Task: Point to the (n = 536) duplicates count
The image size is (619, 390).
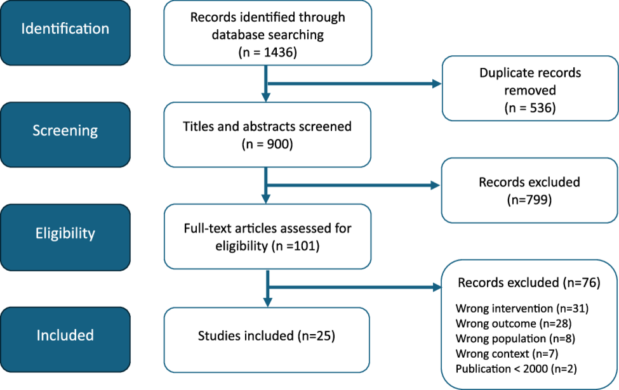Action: [x=530, y=107]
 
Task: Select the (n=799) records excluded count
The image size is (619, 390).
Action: [x=530, y=200]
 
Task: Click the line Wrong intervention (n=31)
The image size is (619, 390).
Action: [x=522, y=309]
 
